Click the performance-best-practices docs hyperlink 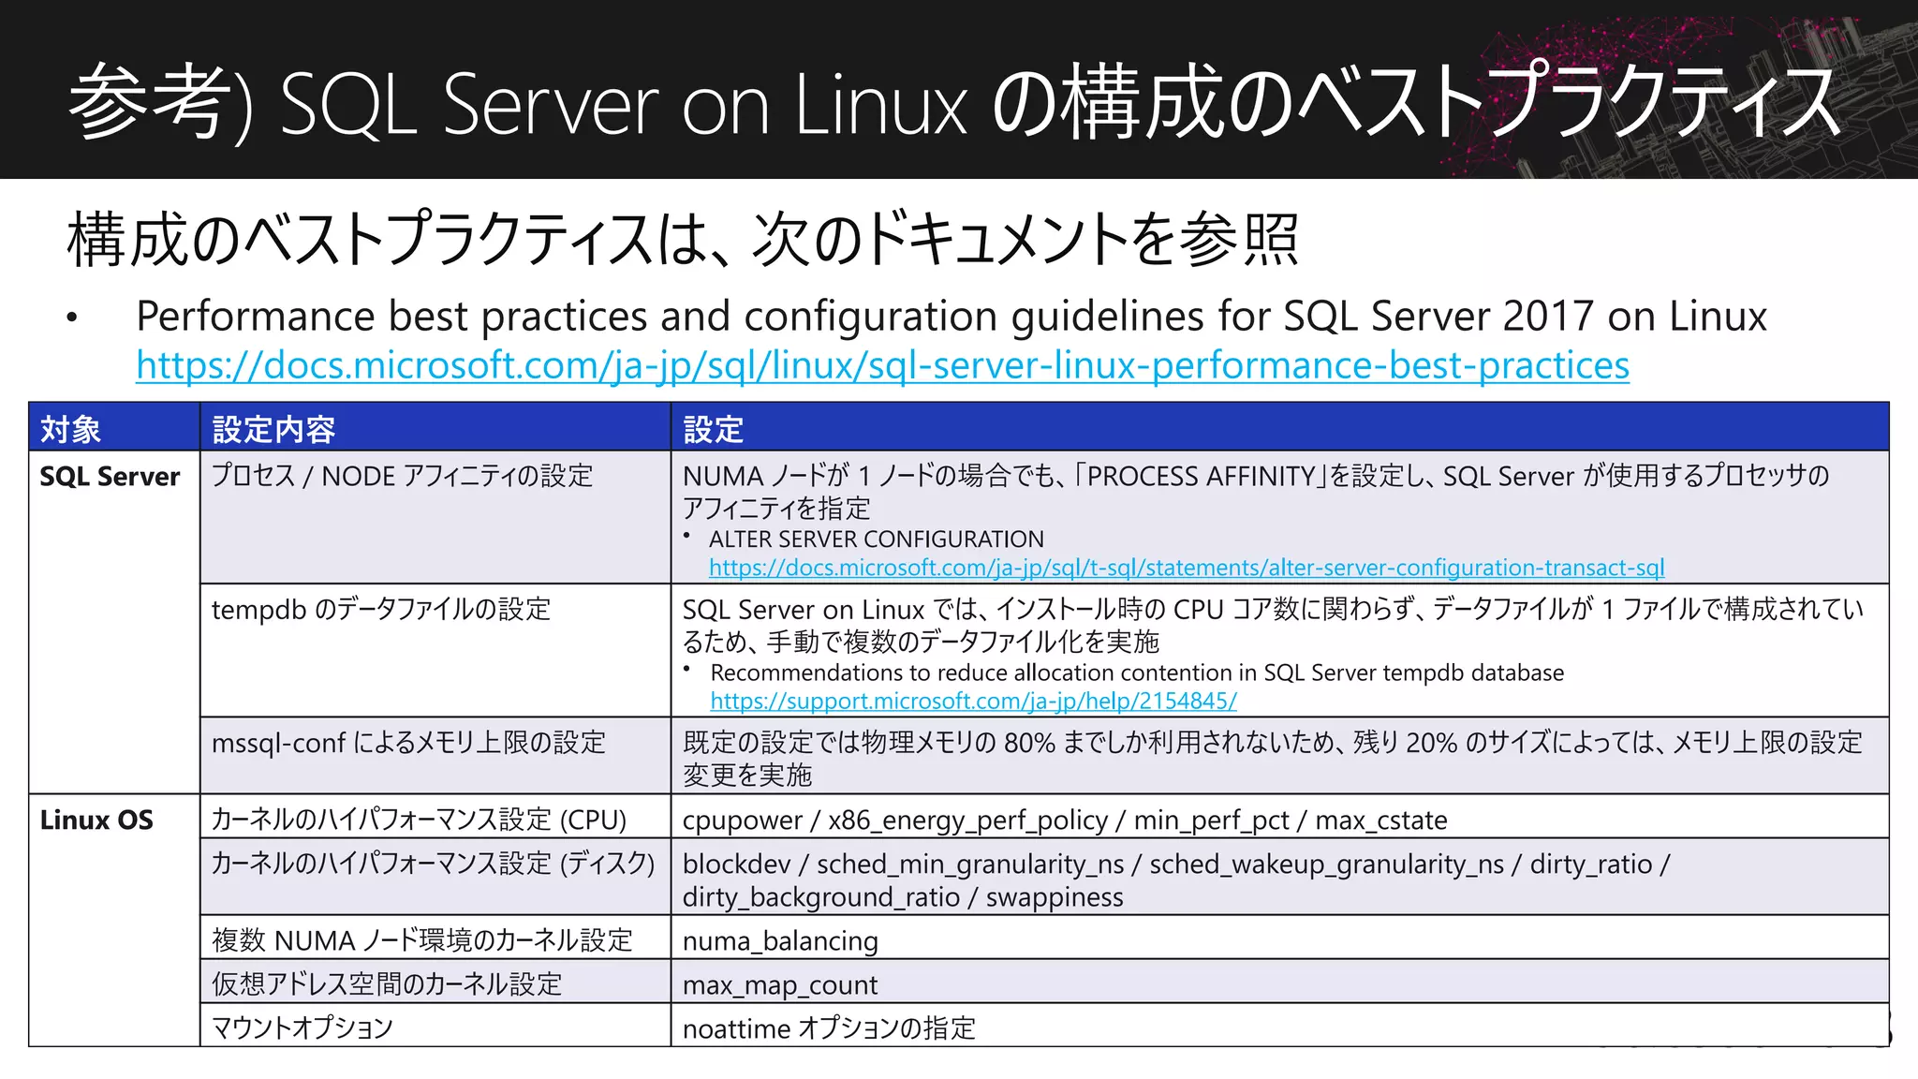pyautogui.click(x=882, y=365)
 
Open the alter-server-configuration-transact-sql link pyautogui.click(x=1186, y=568)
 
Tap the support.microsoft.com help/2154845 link pyautogui.click(x=973, y=701)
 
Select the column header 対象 pyautogui.click(x=70, y=429)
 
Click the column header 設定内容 pyautogui.click(x=273, y=429)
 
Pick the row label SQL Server pyautogui.click(x=110, y=477)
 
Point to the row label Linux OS pyautogui.click(x=96, y=820)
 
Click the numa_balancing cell pyautogui.click(x=780, y=940)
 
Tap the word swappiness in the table pyautogui.click(x=1055, y=897)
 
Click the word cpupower pyautogui.click(x=742, y=820)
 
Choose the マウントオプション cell pyautogui.click(x=302, y=1027)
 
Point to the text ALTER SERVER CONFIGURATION pyautogui.click(x=876, y=539)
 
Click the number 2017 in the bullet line pyautogui.click(x=1549, y=317)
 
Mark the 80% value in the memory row pyautogui.click(x=1029, y=743)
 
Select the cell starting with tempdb pyautogui.click(x=380, y=610)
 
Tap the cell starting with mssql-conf pyautogui.click(x=408, y=743)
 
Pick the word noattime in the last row pyautogui.click(x=736, y=1028)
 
